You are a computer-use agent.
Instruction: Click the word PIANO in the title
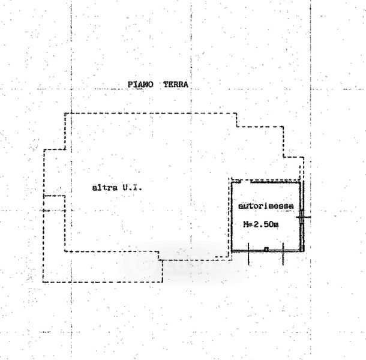(142, 85)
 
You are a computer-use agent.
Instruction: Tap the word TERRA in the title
(175, 85)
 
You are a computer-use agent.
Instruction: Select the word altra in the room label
(102, 188)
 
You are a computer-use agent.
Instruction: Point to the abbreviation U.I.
(131, 188)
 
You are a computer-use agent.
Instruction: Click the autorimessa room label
(266, 206)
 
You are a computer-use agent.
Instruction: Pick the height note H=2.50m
(260, 225)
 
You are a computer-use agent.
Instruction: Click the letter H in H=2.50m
(245, 225)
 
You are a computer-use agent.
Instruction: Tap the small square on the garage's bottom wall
(266, 249)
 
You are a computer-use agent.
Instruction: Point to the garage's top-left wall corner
(233, 182)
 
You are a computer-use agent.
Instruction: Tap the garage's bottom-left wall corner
(233, 251)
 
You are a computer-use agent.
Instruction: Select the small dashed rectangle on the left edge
(54, 204)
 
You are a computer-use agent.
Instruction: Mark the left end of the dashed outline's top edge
(65, 113)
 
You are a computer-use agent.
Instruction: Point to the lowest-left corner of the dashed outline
(43, 282)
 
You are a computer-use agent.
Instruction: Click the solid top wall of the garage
(276, 181)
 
